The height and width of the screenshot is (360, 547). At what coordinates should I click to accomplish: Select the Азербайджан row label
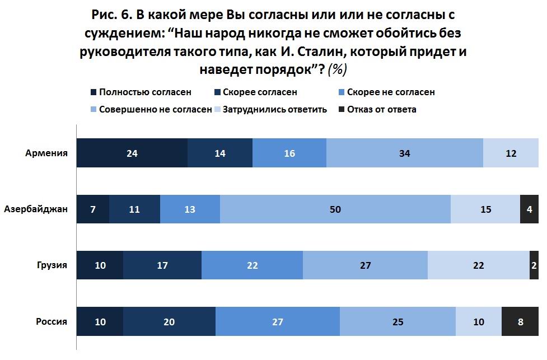[x=36, y=209]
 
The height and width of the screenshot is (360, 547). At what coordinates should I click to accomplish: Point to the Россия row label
[x=52, y=321]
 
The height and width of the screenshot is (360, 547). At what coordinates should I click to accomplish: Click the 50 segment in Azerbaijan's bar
[x=335, y=209]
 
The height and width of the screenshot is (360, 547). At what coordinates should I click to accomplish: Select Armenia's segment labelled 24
[x=132, y=153]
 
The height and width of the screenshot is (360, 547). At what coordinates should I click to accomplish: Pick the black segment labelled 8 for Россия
[x=521, y=321]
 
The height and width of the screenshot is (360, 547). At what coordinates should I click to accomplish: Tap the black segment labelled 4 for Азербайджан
[x=530, y=209]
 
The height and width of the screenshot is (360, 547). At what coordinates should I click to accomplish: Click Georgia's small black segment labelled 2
[x=534, y=265]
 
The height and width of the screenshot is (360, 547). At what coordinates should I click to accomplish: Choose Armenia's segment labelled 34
[x=405, y=153]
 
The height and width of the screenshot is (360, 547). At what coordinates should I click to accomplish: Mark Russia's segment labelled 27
[x=277, y=321]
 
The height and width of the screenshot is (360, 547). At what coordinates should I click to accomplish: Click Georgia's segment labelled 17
[x=162, y=265]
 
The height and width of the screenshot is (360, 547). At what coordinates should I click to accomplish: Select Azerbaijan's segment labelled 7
[x=92, y=209]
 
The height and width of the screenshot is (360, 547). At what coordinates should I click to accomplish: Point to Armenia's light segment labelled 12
[x=511, y=153]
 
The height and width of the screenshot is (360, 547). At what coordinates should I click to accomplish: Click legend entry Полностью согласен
[x=145, y=92]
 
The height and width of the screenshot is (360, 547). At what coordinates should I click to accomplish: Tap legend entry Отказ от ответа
[x=381, y=109]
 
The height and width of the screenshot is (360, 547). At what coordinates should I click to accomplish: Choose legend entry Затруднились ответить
[x=274, y=109]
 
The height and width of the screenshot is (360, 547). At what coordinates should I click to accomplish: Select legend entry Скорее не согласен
[x=390, y=92]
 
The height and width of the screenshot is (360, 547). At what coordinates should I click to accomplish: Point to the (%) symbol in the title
[x=338, y=69]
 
